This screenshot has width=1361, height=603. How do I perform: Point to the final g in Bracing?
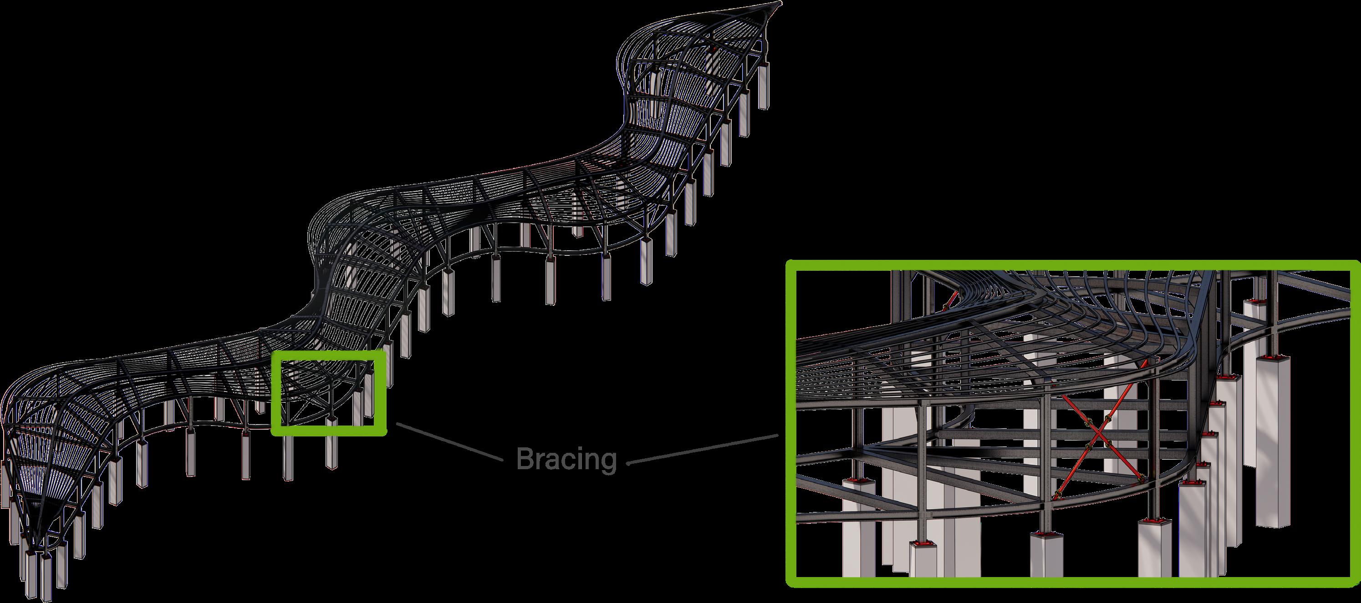(x=609, y=461)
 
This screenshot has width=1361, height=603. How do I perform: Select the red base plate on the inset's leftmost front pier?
(x=856, y=482)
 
